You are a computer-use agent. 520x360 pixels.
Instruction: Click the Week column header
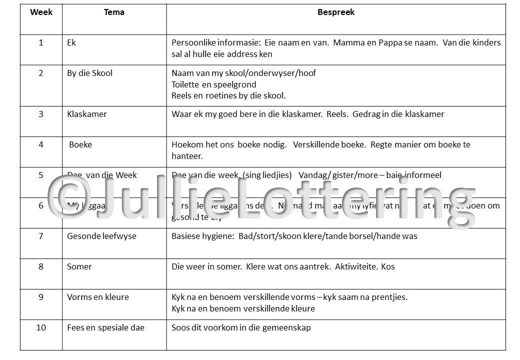pyautogui.click(x=41, y=12)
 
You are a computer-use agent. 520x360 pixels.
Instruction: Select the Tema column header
pyautogui.click(x=114, y=12)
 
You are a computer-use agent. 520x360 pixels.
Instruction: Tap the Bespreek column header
pyautogui.click(x=336, y=12)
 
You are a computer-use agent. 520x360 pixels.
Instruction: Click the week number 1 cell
pyautogui.click(x=41, y=43)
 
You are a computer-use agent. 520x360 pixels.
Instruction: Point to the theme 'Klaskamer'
pyautogui.click(x=86, y=114)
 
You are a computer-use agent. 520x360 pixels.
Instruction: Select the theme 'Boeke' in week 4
pyautogui.click(x=80, y=144)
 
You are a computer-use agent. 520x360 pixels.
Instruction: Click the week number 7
pyautogui.click(x=41, y=236)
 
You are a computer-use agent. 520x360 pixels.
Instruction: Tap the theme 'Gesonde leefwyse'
pyautogui.click(x=101, y=236)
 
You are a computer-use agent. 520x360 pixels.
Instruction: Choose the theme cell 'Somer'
pyautogui.click(x=79, y=266)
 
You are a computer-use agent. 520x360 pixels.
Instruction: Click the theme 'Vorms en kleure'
pyautogui.click(x=98, y=297)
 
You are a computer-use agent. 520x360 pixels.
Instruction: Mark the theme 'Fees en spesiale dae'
pyautogui.click(x=105, y=327)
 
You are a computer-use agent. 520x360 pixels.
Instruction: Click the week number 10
pyautogui.click(x=41, y=327)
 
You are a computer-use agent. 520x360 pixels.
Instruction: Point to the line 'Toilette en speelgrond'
pyautogui.click(x=213, y=84)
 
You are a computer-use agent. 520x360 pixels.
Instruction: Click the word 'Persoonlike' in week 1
pyautogui.click(x=194, y=43)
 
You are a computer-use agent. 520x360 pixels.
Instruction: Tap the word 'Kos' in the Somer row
pyautogui.click(x=388, y=266)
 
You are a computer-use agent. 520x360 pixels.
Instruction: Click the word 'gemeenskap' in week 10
pyautogui.click(x=288, y=327)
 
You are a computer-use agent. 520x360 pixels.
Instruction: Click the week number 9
pyautogui.click(x=41, y=297)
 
